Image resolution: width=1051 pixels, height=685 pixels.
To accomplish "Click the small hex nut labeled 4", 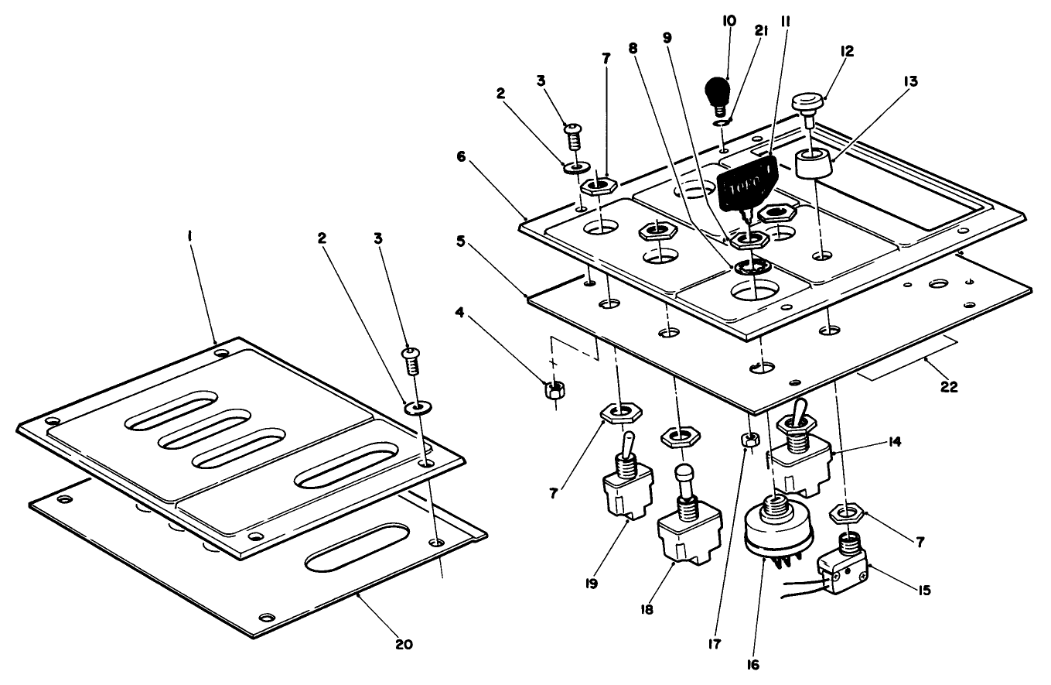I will (x=553, y=389).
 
